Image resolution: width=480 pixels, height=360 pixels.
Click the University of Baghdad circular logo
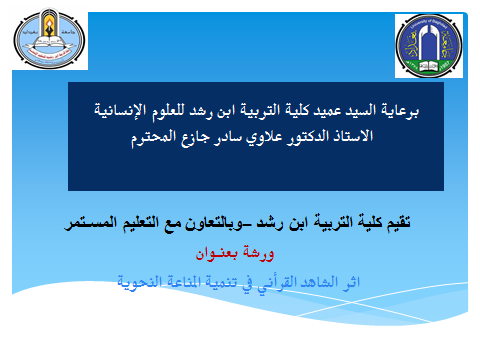[x=429, y=46]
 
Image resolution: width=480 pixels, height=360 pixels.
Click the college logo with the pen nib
[x=50, y=39]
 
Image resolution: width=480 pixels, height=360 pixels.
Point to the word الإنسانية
[x=120, y=110]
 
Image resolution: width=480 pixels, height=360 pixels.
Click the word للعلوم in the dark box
[x=168, y=110]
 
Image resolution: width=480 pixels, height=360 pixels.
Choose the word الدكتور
[x=308, y=136]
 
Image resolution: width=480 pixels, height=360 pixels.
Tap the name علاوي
[x=264, y=137]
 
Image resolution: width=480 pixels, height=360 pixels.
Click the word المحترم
[x=153, y=137]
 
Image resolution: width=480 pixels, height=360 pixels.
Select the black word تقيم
[x=398, y=223]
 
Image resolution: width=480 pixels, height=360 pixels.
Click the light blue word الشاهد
[x=319, y=282]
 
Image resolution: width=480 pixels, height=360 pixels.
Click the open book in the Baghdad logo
[x=428, y=66]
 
